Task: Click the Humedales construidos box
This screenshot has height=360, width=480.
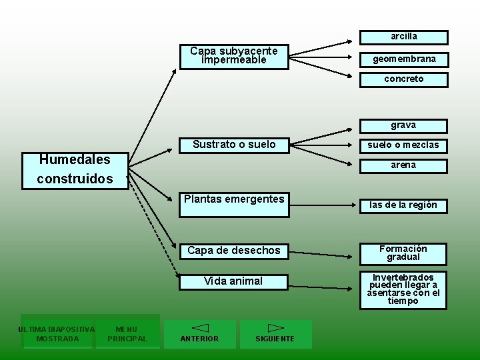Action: [x=75, y=170]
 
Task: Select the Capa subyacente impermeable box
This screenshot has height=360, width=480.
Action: [x=234, y=56]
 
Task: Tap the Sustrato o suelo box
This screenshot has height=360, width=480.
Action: [x=234, y=145]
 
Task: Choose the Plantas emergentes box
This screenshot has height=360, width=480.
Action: [x=234, y=203]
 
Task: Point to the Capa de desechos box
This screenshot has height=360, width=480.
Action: [x=234, y=251]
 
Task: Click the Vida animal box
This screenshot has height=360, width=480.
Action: [x=234, y=281]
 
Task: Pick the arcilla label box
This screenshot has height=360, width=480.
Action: [x=404, y=37]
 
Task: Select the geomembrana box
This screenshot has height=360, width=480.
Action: [x=404, y=59]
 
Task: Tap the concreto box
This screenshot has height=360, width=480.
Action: [x=404, y=79]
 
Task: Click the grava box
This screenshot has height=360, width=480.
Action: [x=404, y=125]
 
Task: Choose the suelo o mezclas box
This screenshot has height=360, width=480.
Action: [x=404, y=145]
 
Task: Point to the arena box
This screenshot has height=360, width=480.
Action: [x=404, y=165]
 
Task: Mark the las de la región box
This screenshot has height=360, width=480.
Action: [x=404, y=205]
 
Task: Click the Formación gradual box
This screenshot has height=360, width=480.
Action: [x=404, y=253]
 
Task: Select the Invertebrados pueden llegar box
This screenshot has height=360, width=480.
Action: [x=404, y=289]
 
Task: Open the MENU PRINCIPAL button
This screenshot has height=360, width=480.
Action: [x=127, y=333]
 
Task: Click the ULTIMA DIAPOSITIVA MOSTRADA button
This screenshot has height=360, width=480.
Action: [x=57, y=333]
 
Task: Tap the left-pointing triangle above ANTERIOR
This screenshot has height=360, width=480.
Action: [x=200, y=328]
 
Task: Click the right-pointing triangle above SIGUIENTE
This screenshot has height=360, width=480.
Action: [x=275, y=328]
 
